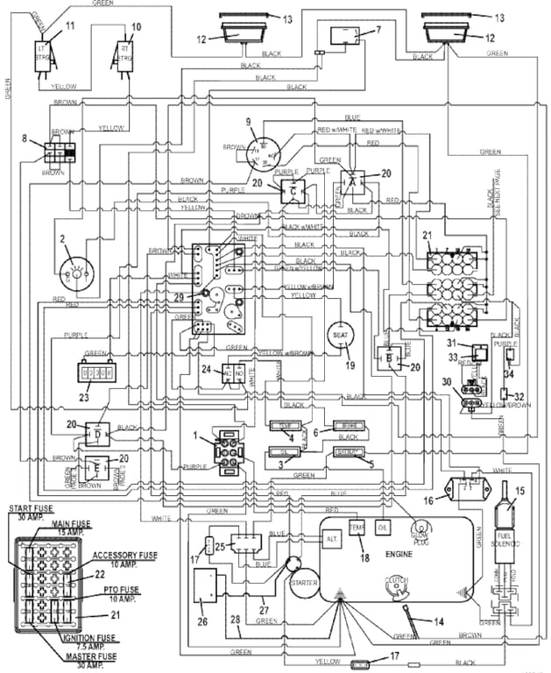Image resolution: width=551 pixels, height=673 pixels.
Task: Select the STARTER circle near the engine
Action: pos(303,582)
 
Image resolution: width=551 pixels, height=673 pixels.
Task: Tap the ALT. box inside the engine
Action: pos(332,542)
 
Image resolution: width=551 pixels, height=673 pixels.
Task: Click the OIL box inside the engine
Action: pos(384,528)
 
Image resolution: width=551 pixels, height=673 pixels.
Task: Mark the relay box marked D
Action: pos(97,433)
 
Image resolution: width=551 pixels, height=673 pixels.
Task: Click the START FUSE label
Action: pos(32,513)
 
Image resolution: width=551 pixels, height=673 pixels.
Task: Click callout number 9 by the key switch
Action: pos(248,121)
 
